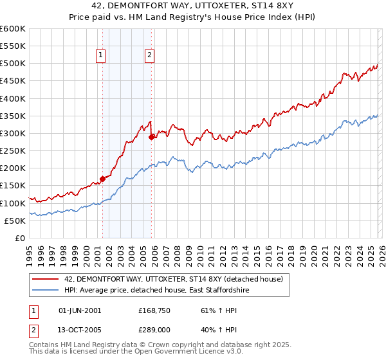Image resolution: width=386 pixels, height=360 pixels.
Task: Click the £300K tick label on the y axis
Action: pyautogui.click(x=13, y=134)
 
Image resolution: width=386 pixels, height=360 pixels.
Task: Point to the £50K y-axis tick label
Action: pyautogui.click(x=15, y=221)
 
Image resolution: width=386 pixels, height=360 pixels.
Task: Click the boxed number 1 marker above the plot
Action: pyautogui.click(x=102, y=56)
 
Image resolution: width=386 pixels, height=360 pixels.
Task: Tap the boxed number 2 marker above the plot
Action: pyautogui.click(x=149, y=56)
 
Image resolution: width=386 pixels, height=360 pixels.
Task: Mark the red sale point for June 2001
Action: pyautogui.click(x=102, y=179)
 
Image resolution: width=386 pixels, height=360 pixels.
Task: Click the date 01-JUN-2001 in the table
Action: pyautogui.click(x=80, y=310)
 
